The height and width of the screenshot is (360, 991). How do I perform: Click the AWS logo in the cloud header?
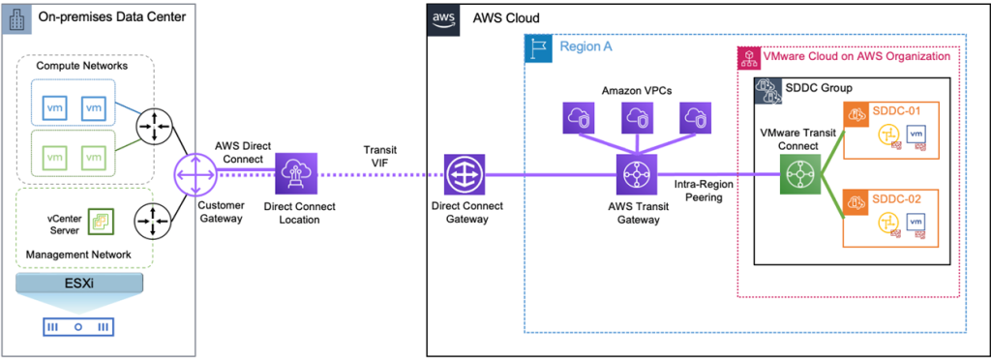click(443, 17)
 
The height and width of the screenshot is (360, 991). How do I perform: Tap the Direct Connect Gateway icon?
click(463, 175)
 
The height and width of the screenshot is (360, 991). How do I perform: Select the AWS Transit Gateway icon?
click(636, 175)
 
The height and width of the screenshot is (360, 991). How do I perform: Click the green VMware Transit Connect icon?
click(799, 175)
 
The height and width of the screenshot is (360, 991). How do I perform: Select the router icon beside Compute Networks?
click(153, 127)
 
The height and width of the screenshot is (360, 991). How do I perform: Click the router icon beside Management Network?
click(153, 221)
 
